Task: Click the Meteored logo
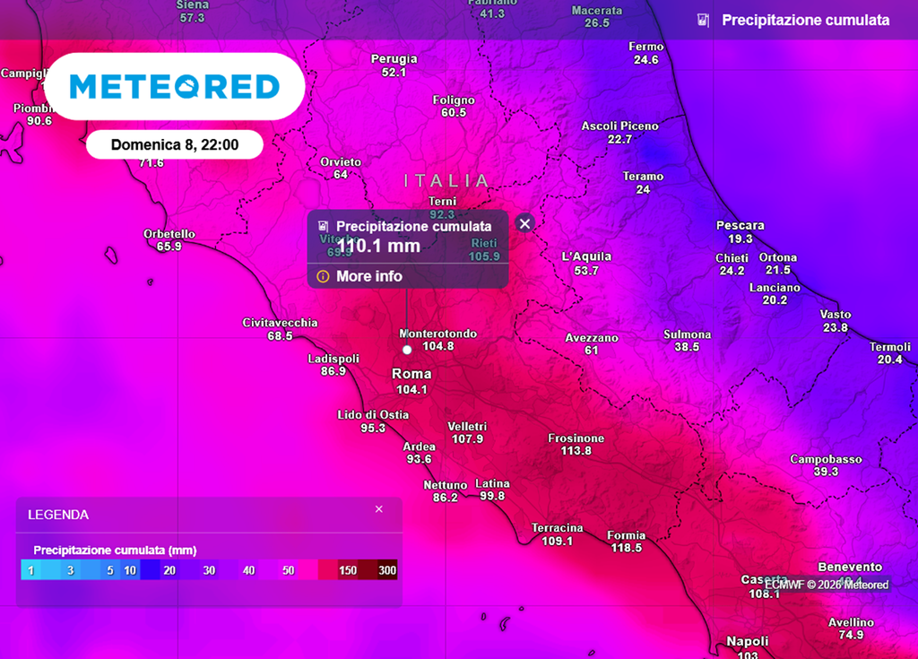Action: click(175, 86)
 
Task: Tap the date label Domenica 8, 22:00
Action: click(175, 144)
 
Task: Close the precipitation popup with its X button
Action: click(525, 223)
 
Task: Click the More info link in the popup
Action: click(368, 276)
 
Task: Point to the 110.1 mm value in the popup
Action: click(378, 245)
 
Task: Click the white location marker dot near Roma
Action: click(407, 350)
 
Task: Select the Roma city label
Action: click(411, 374)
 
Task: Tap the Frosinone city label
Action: click(576, 438)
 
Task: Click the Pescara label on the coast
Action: click(740, 225)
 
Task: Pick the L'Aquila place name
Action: click(586, 256)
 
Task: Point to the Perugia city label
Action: click(394, 59)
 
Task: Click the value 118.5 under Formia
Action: click(626, 548)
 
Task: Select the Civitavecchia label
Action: click(280, 323)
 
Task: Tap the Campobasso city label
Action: click(826, 459)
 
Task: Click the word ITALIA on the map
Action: click(447, 181)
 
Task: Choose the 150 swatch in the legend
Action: click(347, 570)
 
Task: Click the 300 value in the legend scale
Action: click(387, 570)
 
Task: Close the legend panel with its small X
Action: click(378, 509)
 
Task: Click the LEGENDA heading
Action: click(58, 516)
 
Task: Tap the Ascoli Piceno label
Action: click(619, 126)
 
